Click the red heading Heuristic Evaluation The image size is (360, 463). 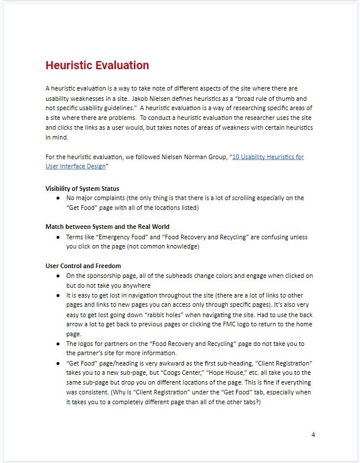coord(97,65)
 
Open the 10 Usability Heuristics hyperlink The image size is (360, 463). coord(267,157)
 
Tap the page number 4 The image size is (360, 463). coord(313,435)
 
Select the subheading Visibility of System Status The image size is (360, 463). coord(82,189)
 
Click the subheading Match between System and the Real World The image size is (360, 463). coord(107,227)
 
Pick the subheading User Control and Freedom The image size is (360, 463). coord(83,266)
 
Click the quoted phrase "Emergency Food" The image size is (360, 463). coord(119,237)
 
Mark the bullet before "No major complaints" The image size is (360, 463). coord(58,198)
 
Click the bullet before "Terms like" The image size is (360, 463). coord(58,237)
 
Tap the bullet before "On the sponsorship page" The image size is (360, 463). coord(58,276)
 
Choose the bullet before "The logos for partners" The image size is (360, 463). coord(58,344)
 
